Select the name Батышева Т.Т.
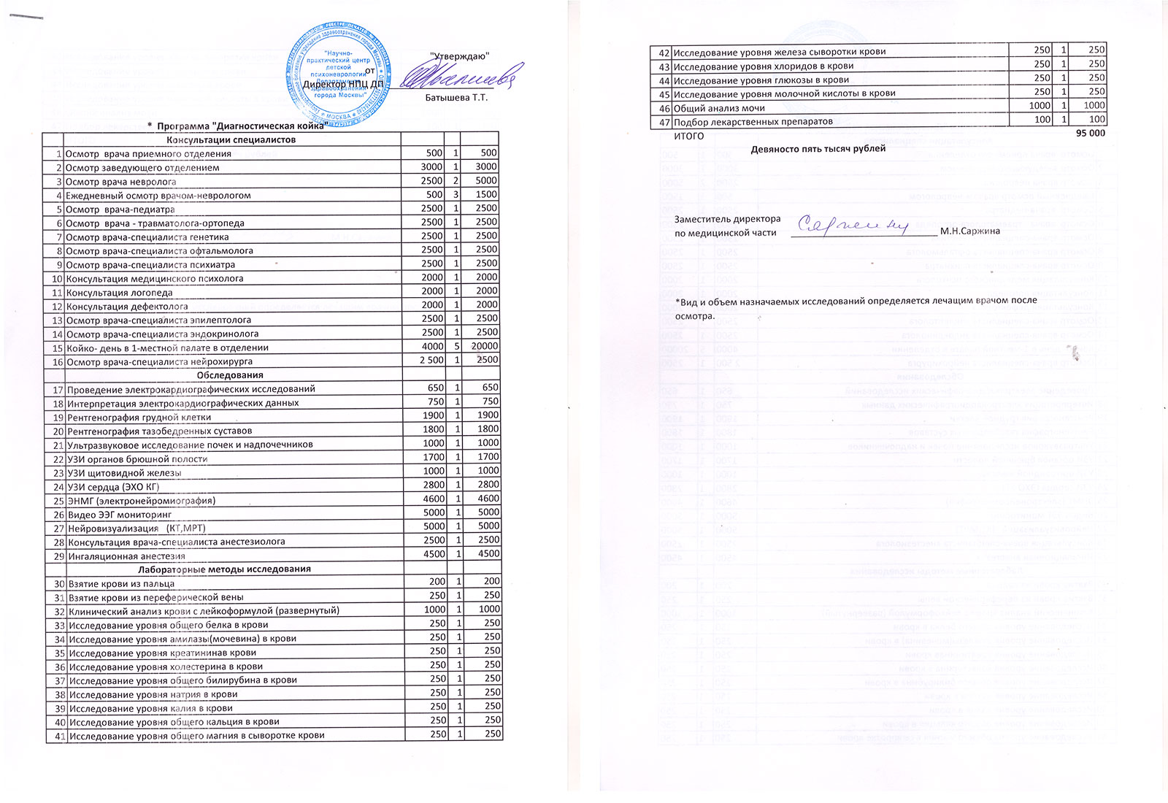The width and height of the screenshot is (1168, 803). (456, 98)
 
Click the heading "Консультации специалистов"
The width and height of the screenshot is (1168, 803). (231, 139)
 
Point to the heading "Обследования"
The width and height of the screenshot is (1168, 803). (230, 375)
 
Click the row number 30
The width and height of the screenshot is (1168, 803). (58, 583)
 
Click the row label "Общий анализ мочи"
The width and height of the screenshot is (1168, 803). (718, 108)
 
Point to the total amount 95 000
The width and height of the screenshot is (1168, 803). (1090, 134)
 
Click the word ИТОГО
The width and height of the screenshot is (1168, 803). (688, 136)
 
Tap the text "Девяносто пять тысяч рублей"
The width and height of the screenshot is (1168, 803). (818, 149)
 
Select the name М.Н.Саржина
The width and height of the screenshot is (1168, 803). (970, 232)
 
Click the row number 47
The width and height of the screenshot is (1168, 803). (664, 122)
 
